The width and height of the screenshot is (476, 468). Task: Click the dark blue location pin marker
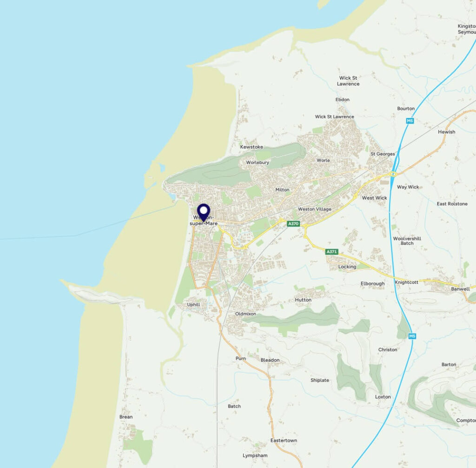pyautogui.click(x=204, y=212)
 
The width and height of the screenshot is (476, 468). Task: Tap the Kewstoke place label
pyautogui.click(x=251, y=147)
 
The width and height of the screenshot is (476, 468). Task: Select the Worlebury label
pyautogui.click(x=258, y=163)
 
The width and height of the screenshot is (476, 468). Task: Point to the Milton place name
pyautogui.click(x=282, y=190)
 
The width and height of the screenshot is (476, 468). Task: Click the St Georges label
pyautogui.click(x=383, y=154)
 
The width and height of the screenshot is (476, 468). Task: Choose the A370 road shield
pyautogui.click(x=293, y=224)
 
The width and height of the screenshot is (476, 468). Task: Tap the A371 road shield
pyautogui.click(x=331, y=251)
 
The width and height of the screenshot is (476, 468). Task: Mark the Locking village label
pyautogui.click(x=347, y=267)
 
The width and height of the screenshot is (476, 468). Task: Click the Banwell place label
pyautogui.click(x=460, y=289)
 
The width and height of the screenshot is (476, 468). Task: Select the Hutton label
pyautogui.click(x=303, y=300)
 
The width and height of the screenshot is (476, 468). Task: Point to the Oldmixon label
pyautogui.click(x=245, y=314)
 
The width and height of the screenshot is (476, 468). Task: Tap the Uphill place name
pyautogui.click(x=193, y=305)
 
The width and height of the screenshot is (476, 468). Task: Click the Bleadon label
pyautogui.click(x=270, y=360)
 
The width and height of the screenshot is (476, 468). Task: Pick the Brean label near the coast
pyautogui.click(x=126, y=417)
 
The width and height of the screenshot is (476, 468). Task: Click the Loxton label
pyautogui.click(x=383, y=397)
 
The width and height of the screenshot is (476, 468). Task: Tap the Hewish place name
pyautogui.click(x=447, y=132)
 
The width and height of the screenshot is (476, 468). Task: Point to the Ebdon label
pyautogui.click(x=343, y=99)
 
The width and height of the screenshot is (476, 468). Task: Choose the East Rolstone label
pyautogui.click(x=452, y=204)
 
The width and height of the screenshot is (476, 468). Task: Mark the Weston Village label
pyautogui.click(x=315, y=209)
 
